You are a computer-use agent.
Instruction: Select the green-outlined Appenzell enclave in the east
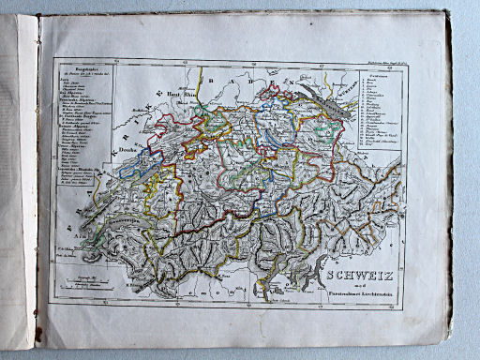tap(329, 122)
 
